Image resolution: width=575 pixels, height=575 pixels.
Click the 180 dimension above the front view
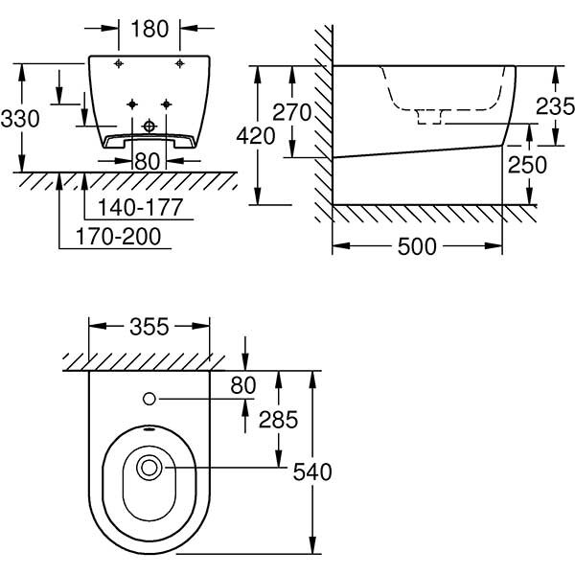[x=149, y=29]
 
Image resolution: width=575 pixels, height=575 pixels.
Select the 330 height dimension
[x=20, y=119]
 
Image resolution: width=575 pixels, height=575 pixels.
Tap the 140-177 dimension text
[x=133, y=207]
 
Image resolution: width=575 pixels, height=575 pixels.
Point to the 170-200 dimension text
[x=121, y=236]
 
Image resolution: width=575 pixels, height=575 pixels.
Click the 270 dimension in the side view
[x=291, y=112]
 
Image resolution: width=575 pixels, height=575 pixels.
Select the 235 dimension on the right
[x=555, y=105]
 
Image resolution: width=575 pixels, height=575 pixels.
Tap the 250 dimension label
[x=528, y=165]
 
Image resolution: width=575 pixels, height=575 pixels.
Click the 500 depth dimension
[x=417, y=246]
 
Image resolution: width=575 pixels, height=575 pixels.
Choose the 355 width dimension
[x=149, y=327]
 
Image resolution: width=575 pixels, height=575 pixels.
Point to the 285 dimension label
[x=278, y=419]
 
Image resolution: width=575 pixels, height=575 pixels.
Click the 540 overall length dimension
[x=311, y=471]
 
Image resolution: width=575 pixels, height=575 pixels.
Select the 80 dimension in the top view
[x=245, y=384]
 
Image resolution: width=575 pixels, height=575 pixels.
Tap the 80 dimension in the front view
[x=147, y=161]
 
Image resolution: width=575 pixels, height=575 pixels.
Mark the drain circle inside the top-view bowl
[x=149, y=469]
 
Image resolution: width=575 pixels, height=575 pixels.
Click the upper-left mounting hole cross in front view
[x=118, y=63]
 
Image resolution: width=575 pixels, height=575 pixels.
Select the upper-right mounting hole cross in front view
[x=179, y=63]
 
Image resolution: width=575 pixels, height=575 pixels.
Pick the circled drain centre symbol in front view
[x=149, y=125]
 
